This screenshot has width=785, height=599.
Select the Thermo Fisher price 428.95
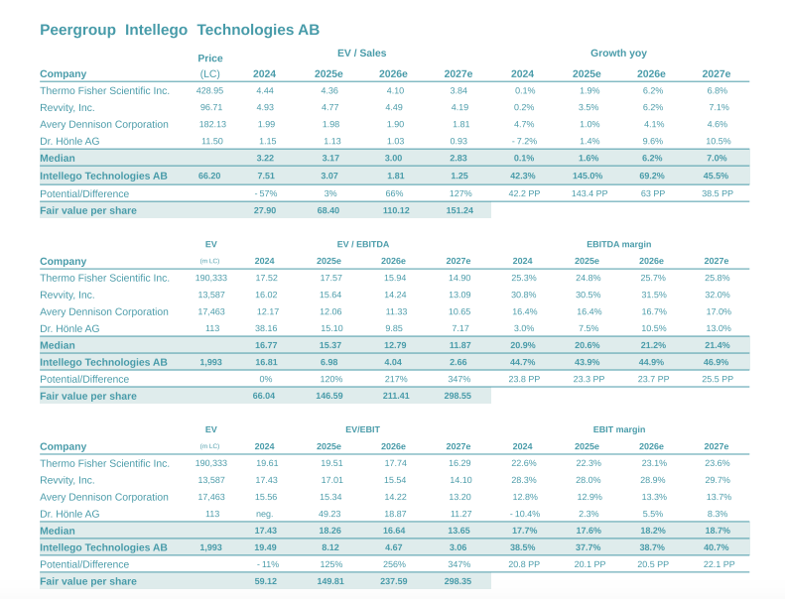tap(209, 90)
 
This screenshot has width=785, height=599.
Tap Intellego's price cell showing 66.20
tap(209, 176)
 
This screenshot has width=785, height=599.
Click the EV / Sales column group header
tap(362, 54)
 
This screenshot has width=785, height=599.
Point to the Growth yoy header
tap(618, 54)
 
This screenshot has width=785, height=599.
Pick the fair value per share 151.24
tap(458, 210)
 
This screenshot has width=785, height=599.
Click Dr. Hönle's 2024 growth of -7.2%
tap(522, 142)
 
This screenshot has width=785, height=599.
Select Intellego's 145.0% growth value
tap(588, 176)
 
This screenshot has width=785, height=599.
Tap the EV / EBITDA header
tap(362, 243)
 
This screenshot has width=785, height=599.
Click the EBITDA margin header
tap(618, 243)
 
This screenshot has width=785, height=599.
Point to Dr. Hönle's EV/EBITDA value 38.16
tap(266, 328)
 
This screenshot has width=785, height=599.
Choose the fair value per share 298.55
tap(458, 396)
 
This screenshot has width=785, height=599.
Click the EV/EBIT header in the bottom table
tap(362, 429)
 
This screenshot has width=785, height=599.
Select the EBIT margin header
tap(618, 429)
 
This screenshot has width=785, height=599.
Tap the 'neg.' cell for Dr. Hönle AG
tap(265, 514)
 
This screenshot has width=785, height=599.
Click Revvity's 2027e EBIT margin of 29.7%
tap(717, 480)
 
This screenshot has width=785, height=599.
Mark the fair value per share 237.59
tap(394, 581)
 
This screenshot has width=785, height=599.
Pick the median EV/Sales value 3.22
tap(265, 159)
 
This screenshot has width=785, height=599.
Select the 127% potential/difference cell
tap(458, 193)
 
